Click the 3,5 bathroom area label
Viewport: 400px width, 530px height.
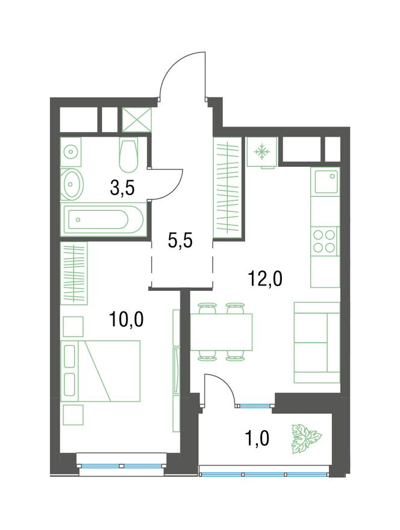tap(122, 189)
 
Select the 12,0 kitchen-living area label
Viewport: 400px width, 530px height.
tap(265, 279)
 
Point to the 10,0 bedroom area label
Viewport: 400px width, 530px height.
tap(127, 319)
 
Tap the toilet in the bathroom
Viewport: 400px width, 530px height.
tap(129, 156)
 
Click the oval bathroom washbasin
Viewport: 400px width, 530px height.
tap(71, 184)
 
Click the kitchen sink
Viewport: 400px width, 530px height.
tap(326, 181)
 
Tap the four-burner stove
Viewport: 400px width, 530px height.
tap(324, 241)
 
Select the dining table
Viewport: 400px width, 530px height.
tap(222, 332)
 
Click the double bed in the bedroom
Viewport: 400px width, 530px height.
tap(100, 371)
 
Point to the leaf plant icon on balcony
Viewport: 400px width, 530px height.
tap(306, 438)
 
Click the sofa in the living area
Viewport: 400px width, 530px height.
tap(317, 343)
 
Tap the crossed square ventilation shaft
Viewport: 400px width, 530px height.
tap(137, 120)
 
